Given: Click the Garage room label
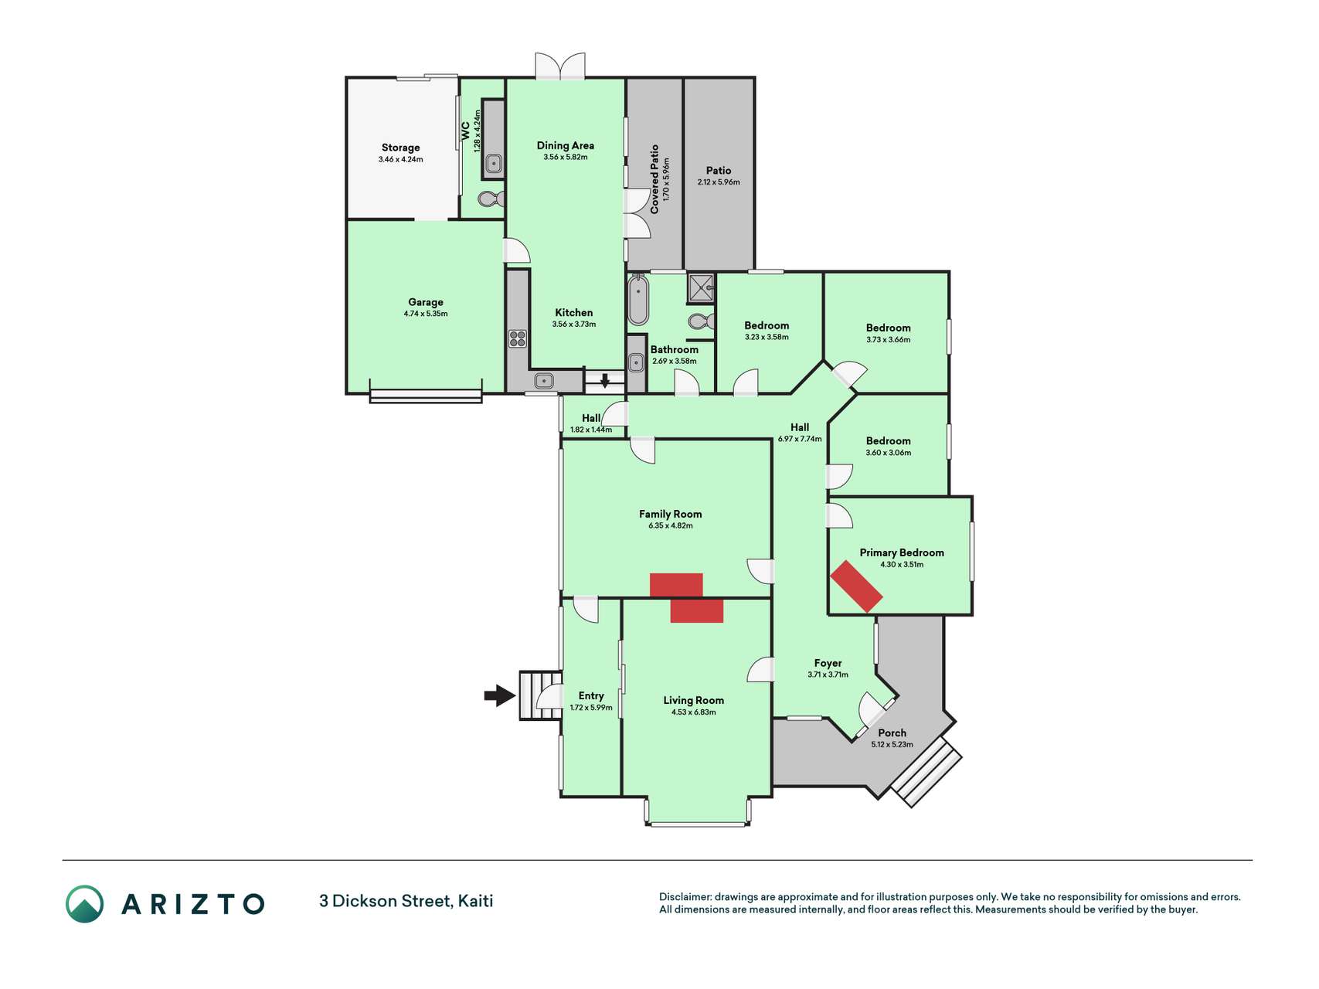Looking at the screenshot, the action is coord(426,302).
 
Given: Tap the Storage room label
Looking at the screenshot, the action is coord(400,148).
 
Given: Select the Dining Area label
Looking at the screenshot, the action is coord(566,145).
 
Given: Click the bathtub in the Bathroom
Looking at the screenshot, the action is coord(638,299).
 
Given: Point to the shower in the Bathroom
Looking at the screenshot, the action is coord(701,287).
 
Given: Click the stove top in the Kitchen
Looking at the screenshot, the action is coord(517,338).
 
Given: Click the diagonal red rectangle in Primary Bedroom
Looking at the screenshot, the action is coord(856,586).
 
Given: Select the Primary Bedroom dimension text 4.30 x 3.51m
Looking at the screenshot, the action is coord(902,565).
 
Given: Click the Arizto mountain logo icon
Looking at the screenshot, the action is coord(84,904).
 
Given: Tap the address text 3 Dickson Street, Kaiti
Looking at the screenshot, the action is coord(406,901).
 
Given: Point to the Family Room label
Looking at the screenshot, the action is coord(671,514).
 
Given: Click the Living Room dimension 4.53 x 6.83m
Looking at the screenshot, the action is coord(694,712).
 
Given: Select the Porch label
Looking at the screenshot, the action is coord(892,732).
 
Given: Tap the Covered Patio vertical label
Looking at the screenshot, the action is coord(654,179).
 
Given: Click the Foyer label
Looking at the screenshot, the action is coord(828,663).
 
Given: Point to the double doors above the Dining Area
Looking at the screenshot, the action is coord(560,66).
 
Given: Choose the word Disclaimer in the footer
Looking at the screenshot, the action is coord(685,897).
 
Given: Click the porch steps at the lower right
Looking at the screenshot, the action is coord(926,773).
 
